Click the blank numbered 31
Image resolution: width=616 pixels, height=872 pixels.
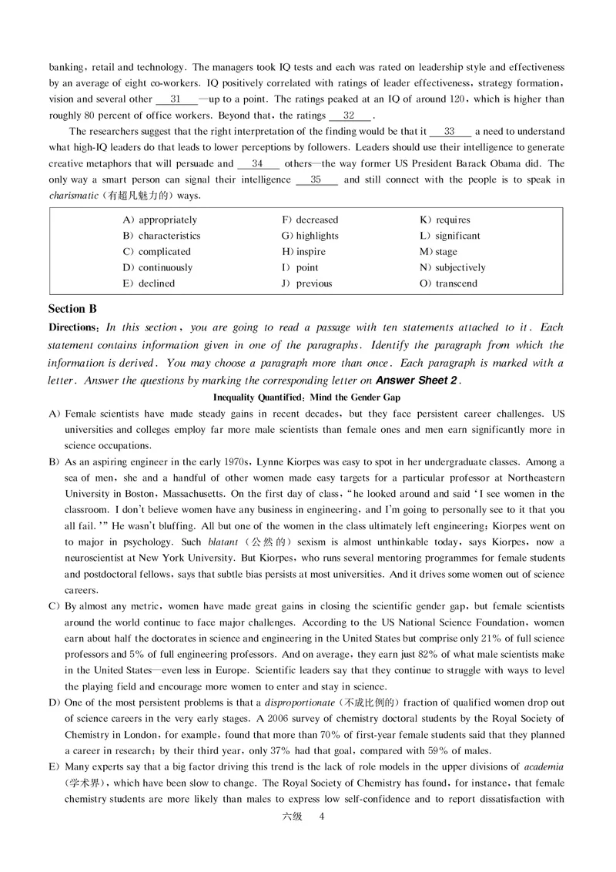click(x=176, y=99)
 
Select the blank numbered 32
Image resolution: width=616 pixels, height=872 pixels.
click(x=349, y=116)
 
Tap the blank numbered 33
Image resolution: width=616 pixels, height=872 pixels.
click(x=450, y=132)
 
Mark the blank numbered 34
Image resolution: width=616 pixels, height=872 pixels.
click(x=257, y=164)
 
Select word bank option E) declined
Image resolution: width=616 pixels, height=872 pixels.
click(x=149, y=283)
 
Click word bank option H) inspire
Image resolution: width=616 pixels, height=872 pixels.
click(x=303, y=252)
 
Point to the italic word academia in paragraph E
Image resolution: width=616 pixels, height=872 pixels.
click(x=544, y=767)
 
